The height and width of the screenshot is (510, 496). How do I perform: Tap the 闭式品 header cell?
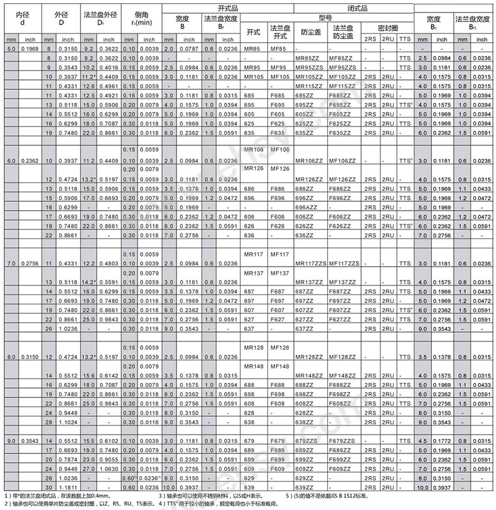tap(353, 8)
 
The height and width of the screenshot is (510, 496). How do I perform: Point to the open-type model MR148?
tap(253, 366)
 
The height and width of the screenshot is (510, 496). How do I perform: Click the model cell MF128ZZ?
tap(342, 357)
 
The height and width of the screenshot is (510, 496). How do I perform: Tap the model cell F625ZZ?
tap(342, 124)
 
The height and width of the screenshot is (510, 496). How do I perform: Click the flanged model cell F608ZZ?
tap(342, 403)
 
